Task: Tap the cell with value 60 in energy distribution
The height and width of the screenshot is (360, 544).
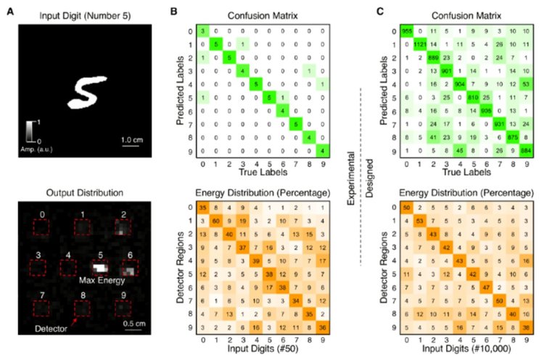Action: pos(215,220)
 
